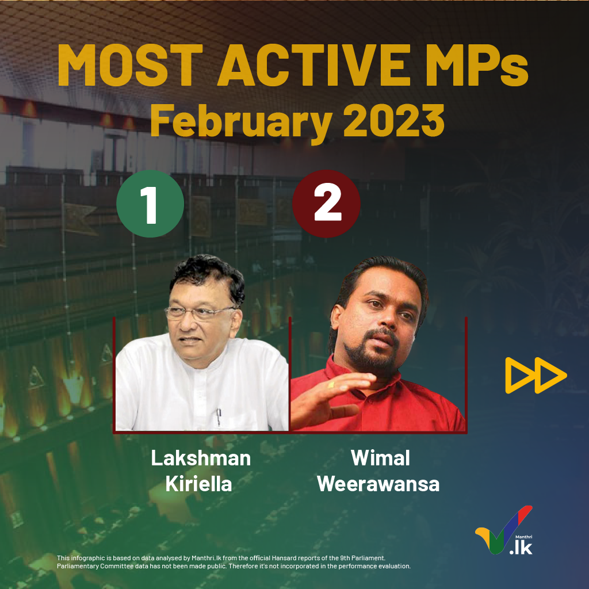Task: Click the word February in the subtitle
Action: click(x=241, y=121)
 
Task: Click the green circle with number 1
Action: click(x=150, y=204)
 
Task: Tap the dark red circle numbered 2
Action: click(x=327, y=204)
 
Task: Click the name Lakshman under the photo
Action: click(x=201, y=458)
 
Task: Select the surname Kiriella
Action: click(x=198, y=484)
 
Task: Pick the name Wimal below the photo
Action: click(x=380, y=458)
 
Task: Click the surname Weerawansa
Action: click(x=378, y=484)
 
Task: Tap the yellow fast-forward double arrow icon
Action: click(x=536, y=375)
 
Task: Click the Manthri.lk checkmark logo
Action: click(x=504, y=530)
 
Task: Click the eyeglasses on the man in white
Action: click(x=200, y=312)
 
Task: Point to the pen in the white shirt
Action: click(x=219, y=417)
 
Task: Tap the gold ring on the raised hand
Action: click(x=331, y=385)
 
